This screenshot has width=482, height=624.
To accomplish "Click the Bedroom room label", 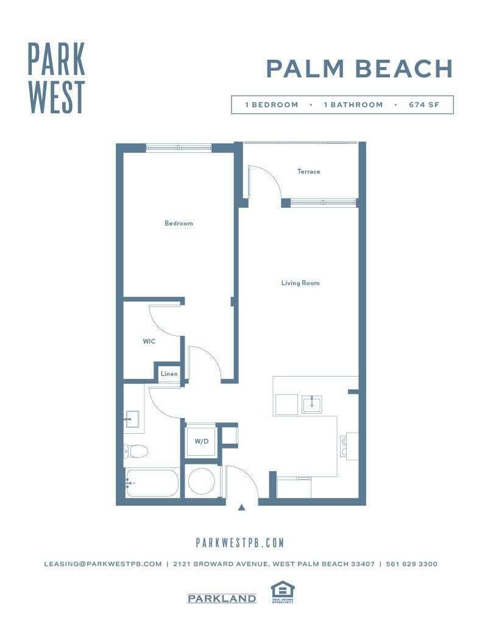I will pyautogui.click(x=179, y=223).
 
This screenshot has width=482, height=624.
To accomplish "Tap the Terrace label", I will pyautogui.click(x=308, y=172).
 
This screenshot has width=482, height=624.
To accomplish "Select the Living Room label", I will pyautogui.click(x=300, y=283).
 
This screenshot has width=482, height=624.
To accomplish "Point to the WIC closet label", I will pyautogui.click(x=149, y=341).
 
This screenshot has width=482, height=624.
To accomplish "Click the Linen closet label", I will pyautogui.click(x=169, y=374).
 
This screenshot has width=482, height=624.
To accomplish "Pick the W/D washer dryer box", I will pyautogui.click(x=201, y=441).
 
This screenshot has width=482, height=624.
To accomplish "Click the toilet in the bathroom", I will pyautogui.click(x=136, y=451).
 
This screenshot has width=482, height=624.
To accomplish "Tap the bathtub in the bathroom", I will pyautogui.click(x=152, y=483).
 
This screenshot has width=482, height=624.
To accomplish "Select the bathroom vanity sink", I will pyautogui.click(x=132, y=419).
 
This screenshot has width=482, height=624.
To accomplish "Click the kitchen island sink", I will pyautogui.click(x=311, y=404).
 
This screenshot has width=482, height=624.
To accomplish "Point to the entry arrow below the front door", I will pyautogui.click(x=241, y=507).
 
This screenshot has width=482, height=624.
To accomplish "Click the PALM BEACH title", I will pyautogui.click(x=360, y=69).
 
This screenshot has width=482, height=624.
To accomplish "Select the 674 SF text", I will pyautogui.click(x=424, y=105).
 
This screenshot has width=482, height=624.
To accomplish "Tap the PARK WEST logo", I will pyautogui.click(x=57, y=77).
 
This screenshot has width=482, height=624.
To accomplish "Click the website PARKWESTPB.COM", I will pyautogui.click(x=240, y=542).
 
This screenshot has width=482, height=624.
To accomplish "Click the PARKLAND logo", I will pyautogui.click(x=221, y=598).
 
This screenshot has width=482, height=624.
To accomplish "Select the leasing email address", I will pyautogui.click(x=102, y=564).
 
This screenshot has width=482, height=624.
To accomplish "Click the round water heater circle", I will pyautogui.click(x=201, y=481).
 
